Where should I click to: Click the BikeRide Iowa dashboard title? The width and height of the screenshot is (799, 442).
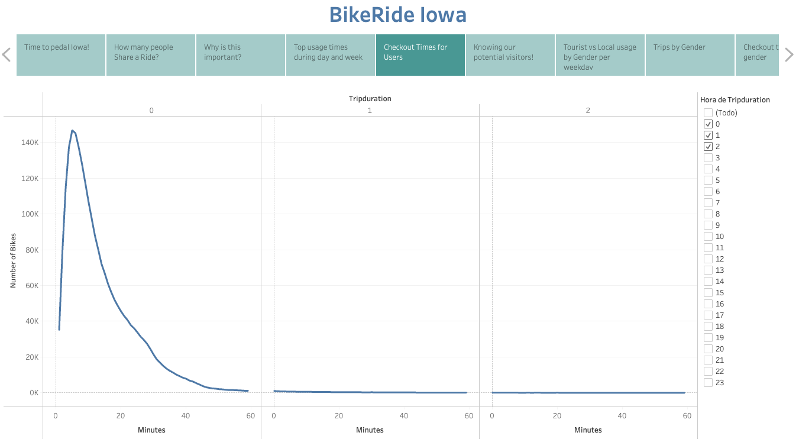397,14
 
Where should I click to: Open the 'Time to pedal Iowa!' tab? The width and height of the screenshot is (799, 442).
61,55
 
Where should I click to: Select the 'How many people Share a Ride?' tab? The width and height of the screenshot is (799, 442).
151,55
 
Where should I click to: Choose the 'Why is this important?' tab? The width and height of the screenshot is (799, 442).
241,55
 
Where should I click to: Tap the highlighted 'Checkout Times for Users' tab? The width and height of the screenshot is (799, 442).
420,55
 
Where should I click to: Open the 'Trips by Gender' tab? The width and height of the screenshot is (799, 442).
690,55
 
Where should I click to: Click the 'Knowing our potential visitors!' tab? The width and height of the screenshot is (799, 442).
510,55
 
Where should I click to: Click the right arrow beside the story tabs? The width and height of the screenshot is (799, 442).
789,55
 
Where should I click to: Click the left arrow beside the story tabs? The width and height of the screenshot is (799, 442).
7,55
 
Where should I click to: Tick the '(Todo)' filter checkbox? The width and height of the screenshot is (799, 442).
708,112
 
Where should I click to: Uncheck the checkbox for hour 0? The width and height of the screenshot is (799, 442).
708,124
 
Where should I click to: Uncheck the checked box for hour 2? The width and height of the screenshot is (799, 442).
708,146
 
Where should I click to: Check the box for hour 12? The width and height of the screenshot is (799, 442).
708,259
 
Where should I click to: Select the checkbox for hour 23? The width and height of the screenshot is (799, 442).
708,382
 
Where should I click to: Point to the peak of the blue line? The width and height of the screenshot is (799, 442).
72,130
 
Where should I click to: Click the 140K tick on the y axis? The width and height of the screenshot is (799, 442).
29,143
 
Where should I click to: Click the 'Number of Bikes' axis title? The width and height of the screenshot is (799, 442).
13,260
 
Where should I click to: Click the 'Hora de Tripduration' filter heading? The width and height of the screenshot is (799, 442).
735,100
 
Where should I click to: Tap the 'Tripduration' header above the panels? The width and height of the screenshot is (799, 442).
370,99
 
